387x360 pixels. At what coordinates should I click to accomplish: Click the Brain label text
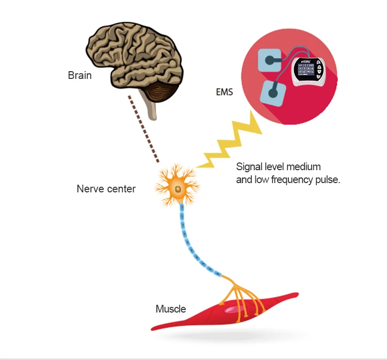(79, 75)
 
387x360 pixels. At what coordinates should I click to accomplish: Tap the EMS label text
(224, 93)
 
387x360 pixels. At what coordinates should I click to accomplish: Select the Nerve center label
(106, 189)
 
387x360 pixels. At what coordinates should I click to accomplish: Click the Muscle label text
(171, 309)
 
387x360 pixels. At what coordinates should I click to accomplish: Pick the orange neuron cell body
(177, 190)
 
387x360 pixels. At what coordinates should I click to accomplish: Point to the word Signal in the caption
(249, 167)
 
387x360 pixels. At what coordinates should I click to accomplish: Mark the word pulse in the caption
(326, 180)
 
